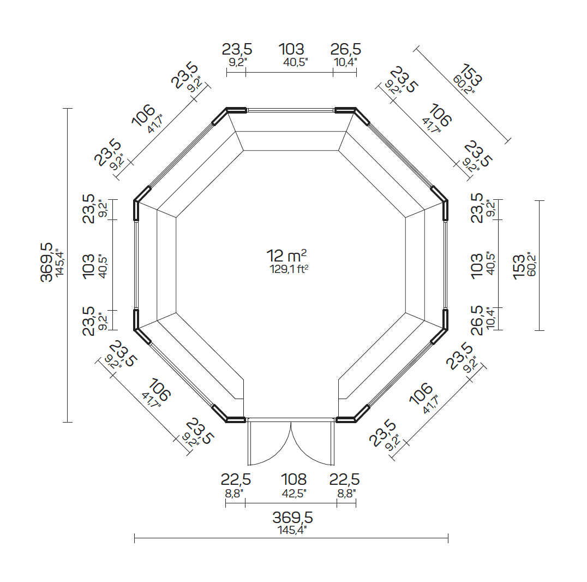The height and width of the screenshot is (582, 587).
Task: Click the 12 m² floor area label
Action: tap(286, 256)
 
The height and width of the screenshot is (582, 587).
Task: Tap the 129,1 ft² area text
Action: tap(292, 269)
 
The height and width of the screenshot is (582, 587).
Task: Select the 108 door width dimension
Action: tap(293, 480)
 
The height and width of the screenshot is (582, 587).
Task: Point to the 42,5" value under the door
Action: tap(294, 492)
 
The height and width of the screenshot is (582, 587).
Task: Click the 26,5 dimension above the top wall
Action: tap(345, 50)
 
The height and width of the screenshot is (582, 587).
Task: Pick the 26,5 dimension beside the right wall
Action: tap(477, 320)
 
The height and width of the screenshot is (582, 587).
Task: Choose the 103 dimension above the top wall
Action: tap(291, 50)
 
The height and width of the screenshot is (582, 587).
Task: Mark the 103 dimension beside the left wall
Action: tap(88, 266)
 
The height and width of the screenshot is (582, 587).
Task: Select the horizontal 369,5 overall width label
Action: tap(293, 517)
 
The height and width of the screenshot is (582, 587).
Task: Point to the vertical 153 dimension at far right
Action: tap(519, 266)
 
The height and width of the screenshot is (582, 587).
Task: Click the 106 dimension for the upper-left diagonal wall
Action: tap(142, 115)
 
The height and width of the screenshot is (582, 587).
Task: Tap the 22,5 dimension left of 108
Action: tap(236, 480)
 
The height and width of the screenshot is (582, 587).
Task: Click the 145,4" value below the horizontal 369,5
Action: tap(293, 530)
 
